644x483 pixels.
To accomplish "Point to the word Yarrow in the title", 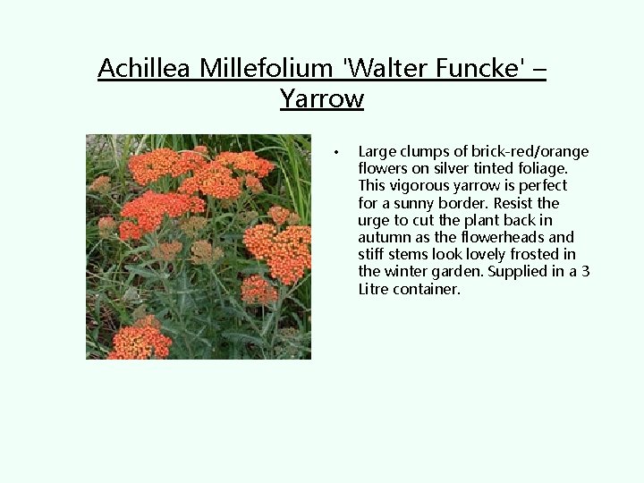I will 321,98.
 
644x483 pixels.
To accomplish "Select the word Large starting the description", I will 377,151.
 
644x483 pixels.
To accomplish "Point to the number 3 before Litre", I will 585,271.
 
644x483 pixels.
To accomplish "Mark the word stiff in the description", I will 372,254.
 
